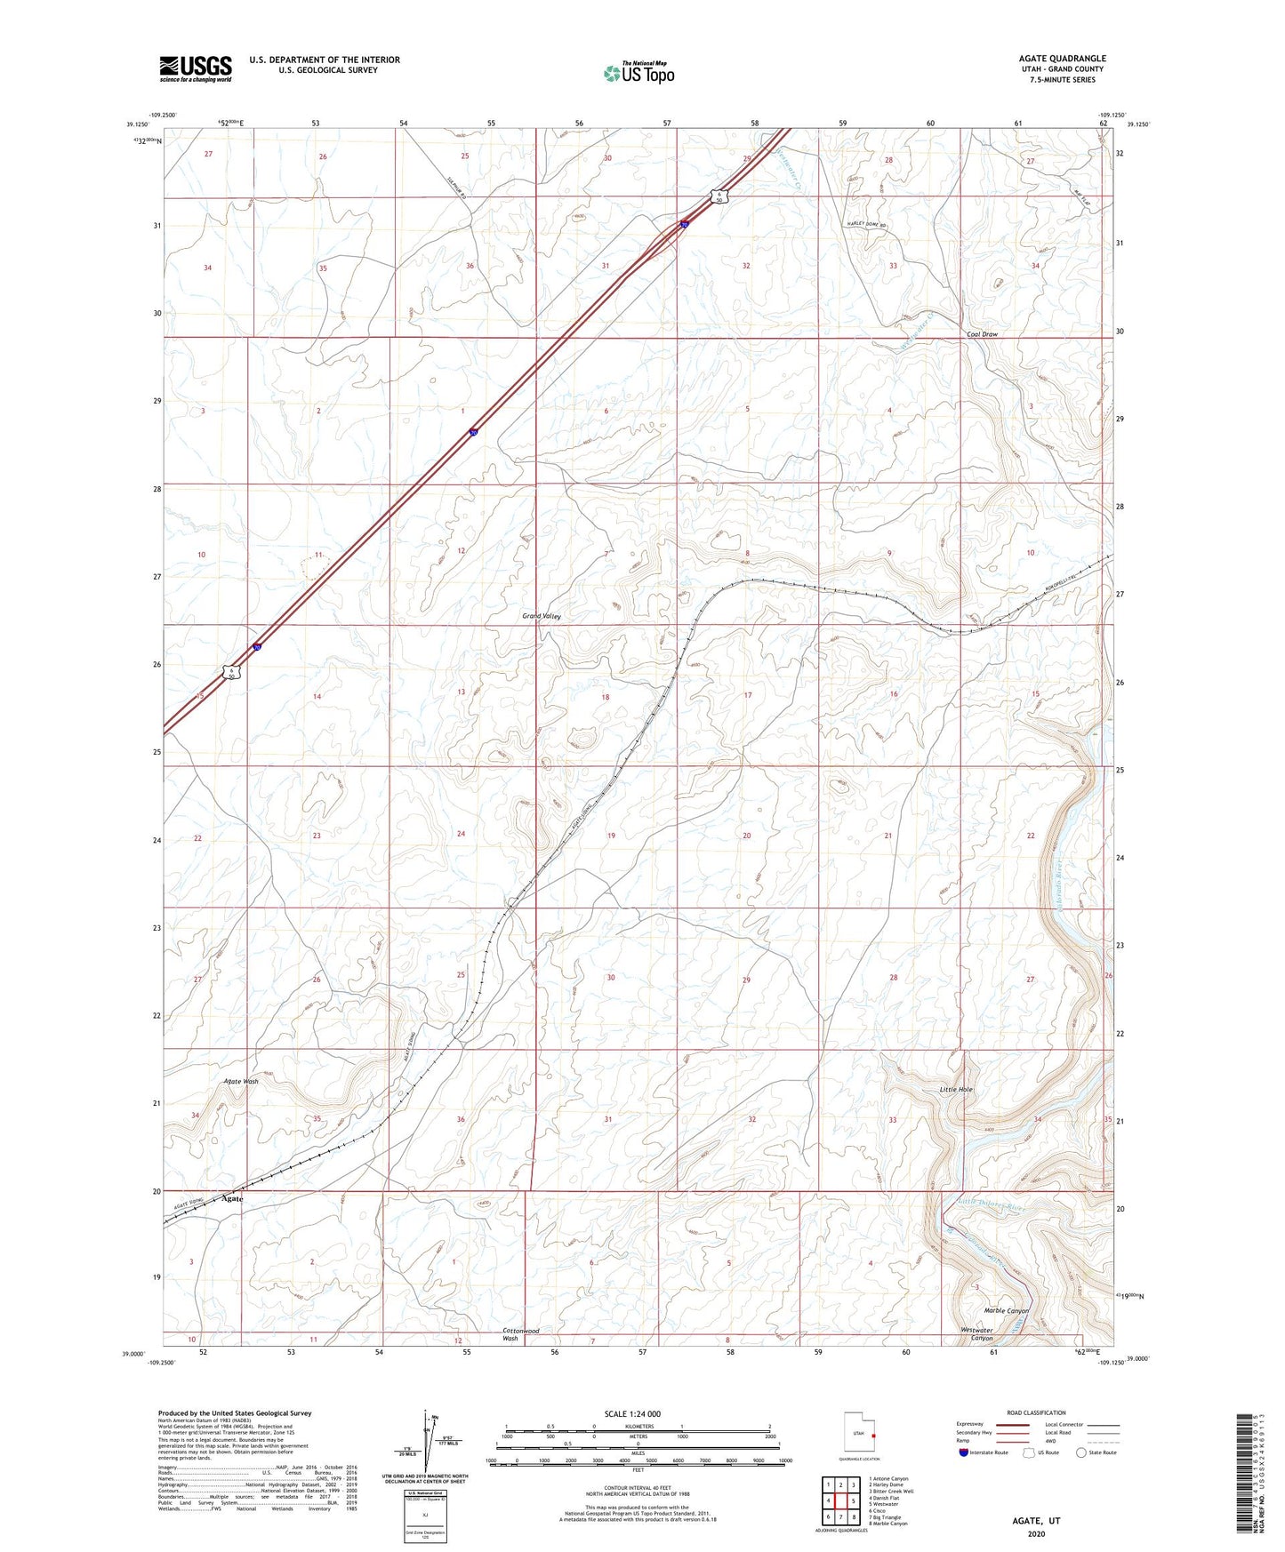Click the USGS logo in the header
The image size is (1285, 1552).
coord(196,68)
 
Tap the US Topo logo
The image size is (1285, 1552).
coord(638,73)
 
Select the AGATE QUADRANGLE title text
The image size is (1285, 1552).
coord(1062,59)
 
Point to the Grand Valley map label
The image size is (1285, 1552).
coord(542,616)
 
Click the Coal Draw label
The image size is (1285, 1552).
coord(983,334)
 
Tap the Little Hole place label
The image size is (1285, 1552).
coord(957,1089)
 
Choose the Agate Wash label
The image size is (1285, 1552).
coord(240,1082)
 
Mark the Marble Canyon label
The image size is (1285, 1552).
coord(1006,1310)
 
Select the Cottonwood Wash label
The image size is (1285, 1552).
coord(520,1334)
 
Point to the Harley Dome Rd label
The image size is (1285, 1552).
coord(867,225)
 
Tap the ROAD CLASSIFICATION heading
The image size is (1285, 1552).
coord(1037,1412)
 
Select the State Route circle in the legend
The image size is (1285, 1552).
coord(1080,1452)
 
